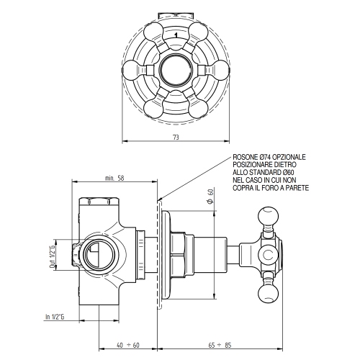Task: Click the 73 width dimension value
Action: (176, 135)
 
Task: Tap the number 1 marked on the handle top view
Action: (176, 32)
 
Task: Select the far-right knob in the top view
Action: (220, 71)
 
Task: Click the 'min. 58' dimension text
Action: (114, 178)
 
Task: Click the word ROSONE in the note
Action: (246, 156)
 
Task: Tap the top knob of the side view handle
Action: (267, 217)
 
